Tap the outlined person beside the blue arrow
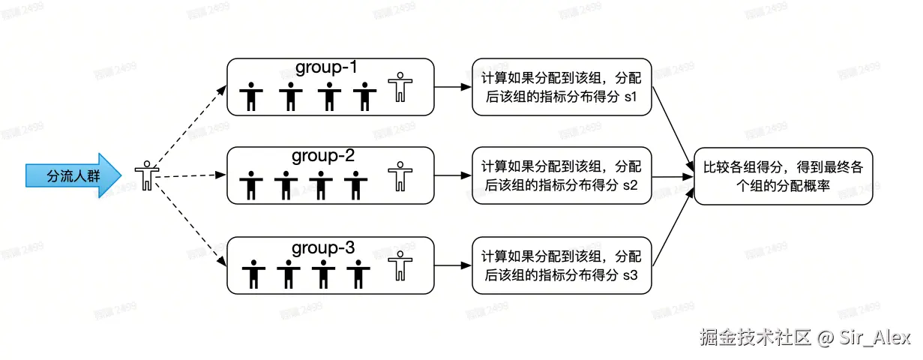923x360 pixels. [x=148, y=175]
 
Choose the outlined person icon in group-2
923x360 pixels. [x=399, y=177]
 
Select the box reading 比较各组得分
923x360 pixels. [x=784, y=176]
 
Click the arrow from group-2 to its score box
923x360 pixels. [x=452, y=176]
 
